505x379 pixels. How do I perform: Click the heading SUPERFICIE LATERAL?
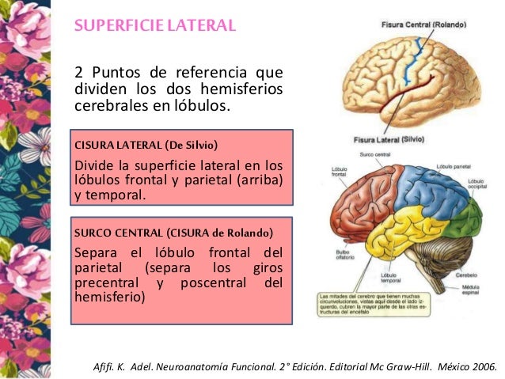click(155, 25)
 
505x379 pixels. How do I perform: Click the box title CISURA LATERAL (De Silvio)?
click(145, 145)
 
